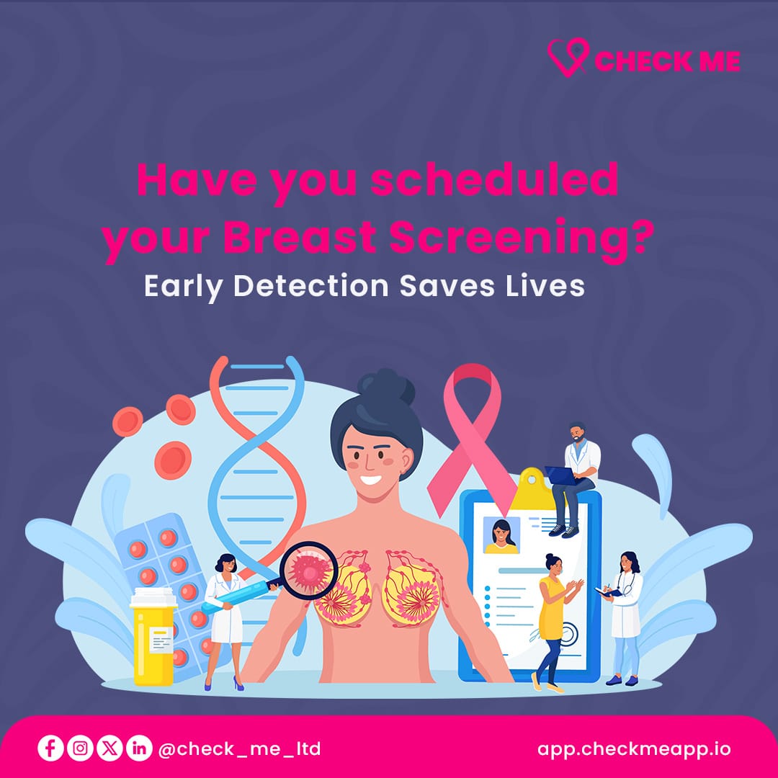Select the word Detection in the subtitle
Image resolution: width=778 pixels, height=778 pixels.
[x=311, y=285]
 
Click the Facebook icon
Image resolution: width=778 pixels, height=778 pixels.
[x=50, y=748]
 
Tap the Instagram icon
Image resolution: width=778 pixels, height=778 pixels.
[x=79, y=748]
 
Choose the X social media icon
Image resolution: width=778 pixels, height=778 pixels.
[x=109, y=748]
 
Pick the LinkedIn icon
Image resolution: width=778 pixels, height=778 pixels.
[x=138, y=748]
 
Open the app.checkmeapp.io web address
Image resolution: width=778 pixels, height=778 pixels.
[x=634, y=748]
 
